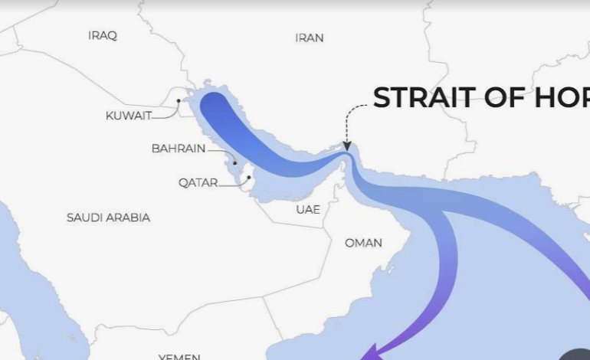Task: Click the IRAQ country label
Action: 103,35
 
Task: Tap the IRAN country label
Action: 310,38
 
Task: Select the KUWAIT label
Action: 129,116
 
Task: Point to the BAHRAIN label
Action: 179,149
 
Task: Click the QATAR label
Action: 198,182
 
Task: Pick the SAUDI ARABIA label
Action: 108,218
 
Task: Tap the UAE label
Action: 308,209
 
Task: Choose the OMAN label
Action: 363,243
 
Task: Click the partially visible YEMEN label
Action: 179,356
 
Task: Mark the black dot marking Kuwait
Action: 179,100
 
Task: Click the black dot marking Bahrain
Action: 235,162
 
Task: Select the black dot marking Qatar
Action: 249,178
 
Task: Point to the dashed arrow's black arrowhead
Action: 346,146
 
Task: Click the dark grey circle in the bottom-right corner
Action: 575,355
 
